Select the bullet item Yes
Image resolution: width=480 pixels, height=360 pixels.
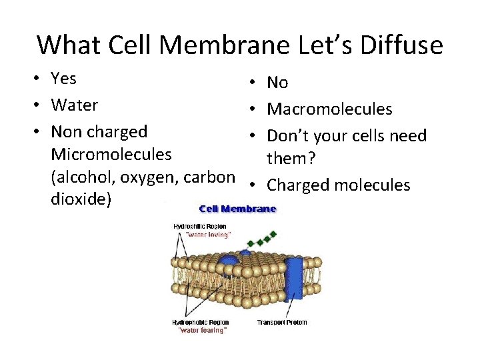pos(63,79)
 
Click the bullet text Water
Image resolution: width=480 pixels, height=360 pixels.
pos(74,105)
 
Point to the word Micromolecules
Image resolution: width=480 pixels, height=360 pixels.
pos(111,155)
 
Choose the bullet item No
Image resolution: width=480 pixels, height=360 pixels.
pos(277,83)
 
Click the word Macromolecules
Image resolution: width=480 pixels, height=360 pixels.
pos(329,109)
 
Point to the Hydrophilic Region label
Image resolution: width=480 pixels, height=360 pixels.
pos(200,227)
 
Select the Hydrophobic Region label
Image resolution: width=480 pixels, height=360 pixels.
pos(201,323)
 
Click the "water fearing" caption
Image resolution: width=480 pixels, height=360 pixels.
pos(202,330)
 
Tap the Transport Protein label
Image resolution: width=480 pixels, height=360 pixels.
pos(281,323)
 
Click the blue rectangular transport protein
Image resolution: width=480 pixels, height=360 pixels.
pos(294,280)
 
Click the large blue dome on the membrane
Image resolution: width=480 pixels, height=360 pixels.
pos(230,261)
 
